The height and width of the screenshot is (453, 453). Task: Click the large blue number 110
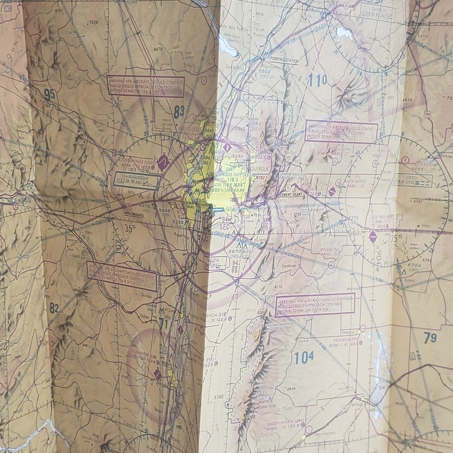[x=317, y=81]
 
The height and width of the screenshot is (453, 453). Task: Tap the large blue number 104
[x=304, y=357]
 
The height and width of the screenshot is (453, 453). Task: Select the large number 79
[x=430, y=337]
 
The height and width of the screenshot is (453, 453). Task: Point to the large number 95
[x=49, y=95]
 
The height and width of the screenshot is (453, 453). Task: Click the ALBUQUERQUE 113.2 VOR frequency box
[x=137, y=180]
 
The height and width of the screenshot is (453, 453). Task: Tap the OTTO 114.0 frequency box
[x=412, y=180]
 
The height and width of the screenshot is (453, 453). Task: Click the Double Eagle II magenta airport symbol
[x=163, y=162]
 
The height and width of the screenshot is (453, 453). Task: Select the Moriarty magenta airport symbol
[x=372, y=236]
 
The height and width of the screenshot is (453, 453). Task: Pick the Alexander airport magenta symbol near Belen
[x=158, y=374]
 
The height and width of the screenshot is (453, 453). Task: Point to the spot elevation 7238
[x=93, y=22]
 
